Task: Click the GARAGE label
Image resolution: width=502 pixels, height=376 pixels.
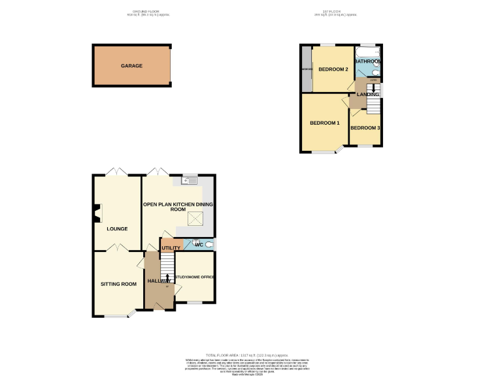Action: [131, 66]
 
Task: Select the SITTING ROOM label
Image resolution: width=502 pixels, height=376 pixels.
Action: [118, 284]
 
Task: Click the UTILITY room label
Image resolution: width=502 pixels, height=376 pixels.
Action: [171, 248]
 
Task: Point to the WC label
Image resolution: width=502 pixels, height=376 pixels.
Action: [199, 245]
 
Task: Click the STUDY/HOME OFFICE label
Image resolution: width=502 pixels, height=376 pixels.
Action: [195, 277]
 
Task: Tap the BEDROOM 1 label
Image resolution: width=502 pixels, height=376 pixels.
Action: [324, 123]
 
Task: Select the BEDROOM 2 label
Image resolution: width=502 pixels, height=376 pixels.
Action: [333, 69]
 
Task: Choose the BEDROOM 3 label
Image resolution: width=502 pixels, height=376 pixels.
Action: [365, 128]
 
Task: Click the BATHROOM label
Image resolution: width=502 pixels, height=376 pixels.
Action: [368, 61]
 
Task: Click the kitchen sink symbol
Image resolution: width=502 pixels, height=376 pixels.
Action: [190, 181]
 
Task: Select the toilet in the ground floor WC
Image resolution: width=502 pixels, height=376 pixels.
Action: [208, 245]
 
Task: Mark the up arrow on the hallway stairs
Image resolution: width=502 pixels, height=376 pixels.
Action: [167, 279]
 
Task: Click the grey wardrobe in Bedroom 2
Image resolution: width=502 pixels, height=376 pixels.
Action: [305, 69]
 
